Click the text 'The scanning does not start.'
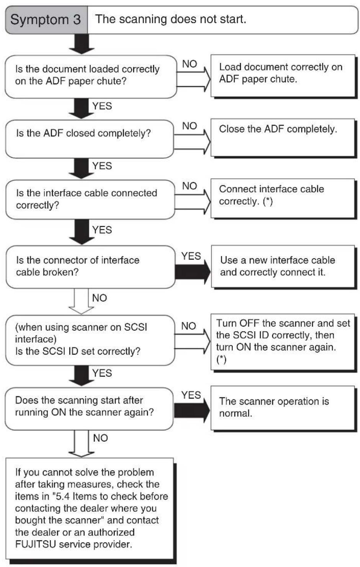click(170, 19)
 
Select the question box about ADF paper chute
click(91, 77)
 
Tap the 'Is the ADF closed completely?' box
click(90, 139)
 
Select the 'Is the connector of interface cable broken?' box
click(90, 267)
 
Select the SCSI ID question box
click(90, 340)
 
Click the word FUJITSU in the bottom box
click(36, 544)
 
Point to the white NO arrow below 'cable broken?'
click(81, 301)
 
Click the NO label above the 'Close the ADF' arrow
click(190, 126)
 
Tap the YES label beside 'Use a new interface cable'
click(191, 256)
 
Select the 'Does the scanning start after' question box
click(89, 409)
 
